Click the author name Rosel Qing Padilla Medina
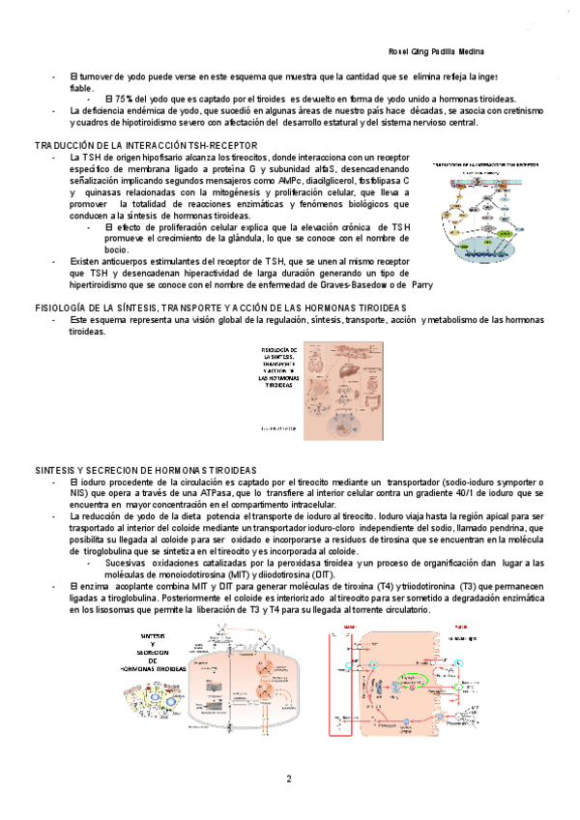click(x=430, y=50)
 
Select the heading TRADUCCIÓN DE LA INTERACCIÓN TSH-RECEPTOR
click(x=146, y=144)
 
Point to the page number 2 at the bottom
click(x=288, y=778)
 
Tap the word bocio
click(x=117, y=249)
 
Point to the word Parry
click(x=422, y=285)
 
